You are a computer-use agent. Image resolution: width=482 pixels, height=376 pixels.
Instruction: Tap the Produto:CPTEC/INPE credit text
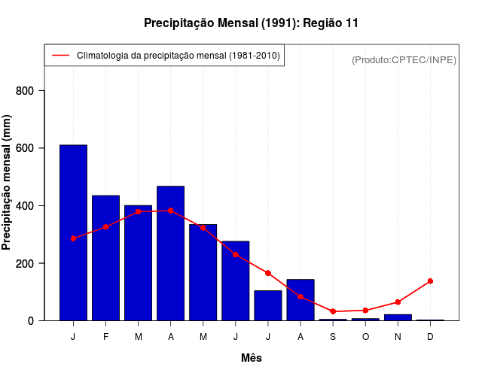pos(404,59)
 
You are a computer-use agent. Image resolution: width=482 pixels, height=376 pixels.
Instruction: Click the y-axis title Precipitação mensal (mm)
pos(8,182)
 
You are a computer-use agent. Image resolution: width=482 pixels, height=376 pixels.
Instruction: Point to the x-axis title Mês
pos(252,358)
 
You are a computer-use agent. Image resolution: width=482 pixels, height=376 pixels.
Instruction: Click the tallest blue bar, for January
pos(73,233)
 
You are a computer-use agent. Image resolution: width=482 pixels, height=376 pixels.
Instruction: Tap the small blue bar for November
pos(398,317)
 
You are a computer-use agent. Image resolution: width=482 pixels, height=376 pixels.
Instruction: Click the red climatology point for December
pos(430,281)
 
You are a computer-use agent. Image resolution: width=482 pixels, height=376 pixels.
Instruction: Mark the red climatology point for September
pos(333,311)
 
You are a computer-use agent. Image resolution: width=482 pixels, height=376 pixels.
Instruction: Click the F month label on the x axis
pos(105,337)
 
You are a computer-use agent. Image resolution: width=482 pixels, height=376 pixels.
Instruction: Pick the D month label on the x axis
pos(430,337)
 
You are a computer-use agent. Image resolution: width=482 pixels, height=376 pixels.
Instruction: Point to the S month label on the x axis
pos(333,337)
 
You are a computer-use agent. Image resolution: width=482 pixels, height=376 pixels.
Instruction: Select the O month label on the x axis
pos(365,337)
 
